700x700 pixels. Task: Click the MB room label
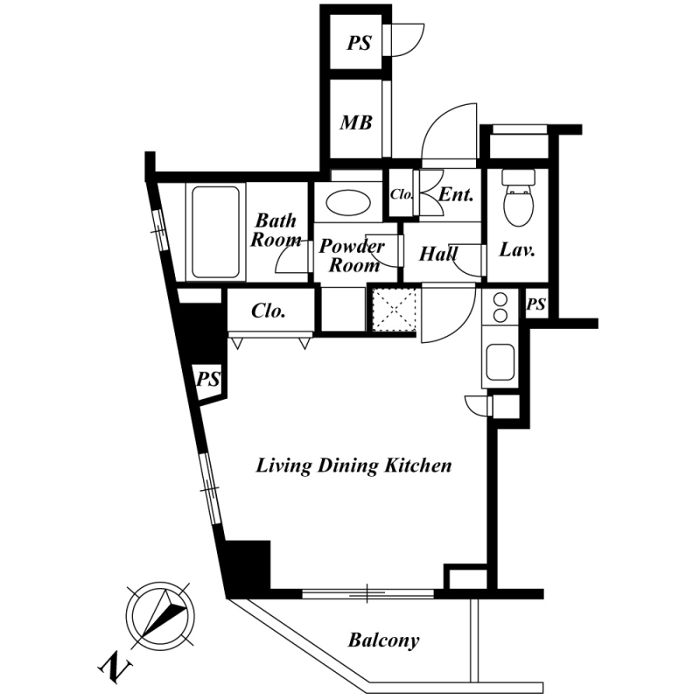(x=356, y=122)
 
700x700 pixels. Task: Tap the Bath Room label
(x=276, y=230)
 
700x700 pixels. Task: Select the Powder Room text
(x=351, y=255)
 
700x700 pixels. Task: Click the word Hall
(x=438, y=255)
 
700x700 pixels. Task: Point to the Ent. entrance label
(x=456, y=194)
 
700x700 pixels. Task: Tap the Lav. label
(x=517, y=249)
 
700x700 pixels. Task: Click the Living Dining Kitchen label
(x=353, y=465)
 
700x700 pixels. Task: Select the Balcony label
(x=383, y=640)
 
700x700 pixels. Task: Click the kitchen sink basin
(x=500, y=361)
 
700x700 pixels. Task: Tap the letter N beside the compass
(x=112, y=668)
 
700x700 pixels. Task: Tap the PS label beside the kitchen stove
(x=536, y=305)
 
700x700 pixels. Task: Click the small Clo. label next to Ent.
(x=402, y=194)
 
